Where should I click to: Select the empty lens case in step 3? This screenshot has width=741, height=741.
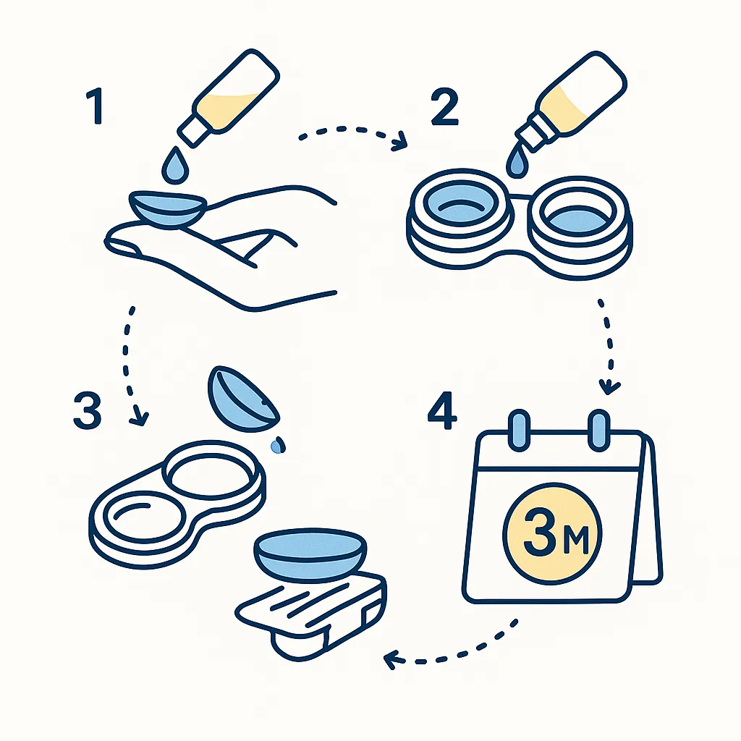174,499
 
